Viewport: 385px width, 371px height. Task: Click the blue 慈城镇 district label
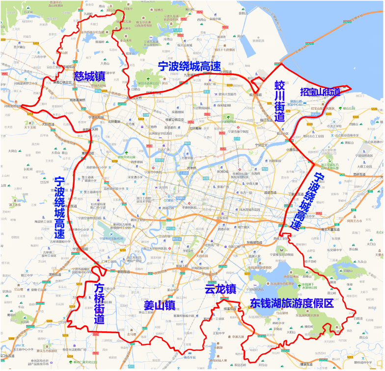tap(89, 76)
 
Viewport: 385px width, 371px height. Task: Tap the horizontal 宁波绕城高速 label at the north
tap(189, 67)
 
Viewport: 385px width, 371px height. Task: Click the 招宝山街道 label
tap(320, 92)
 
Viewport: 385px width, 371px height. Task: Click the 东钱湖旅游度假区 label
tap(292, 303)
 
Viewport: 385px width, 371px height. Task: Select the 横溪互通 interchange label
tap(230, 309)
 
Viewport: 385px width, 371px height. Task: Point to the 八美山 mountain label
tap(105, 63)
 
